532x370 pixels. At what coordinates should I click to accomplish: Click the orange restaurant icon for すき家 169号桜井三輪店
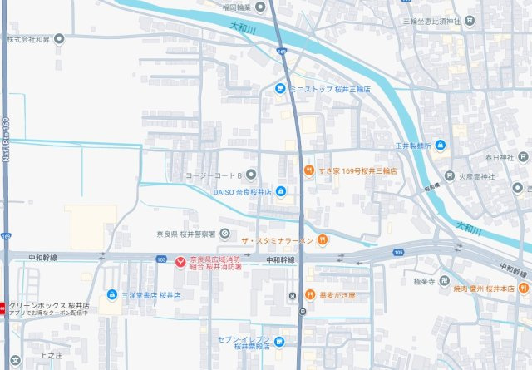[308, 170]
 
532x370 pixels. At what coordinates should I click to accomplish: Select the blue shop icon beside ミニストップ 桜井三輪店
[280, 88]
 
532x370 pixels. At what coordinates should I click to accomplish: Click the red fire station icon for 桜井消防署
[181, 262]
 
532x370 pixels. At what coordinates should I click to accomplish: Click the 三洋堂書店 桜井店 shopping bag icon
[112, 294]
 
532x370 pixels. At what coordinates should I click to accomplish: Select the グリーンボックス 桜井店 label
[48, 306]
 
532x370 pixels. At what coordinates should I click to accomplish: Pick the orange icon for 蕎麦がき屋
[308, 294]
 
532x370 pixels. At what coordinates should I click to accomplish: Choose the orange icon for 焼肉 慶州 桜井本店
[524, 288]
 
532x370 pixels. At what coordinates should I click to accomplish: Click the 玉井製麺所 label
[413, 146]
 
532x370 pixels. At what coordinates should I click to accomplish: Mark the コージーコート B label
[213, 175]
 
